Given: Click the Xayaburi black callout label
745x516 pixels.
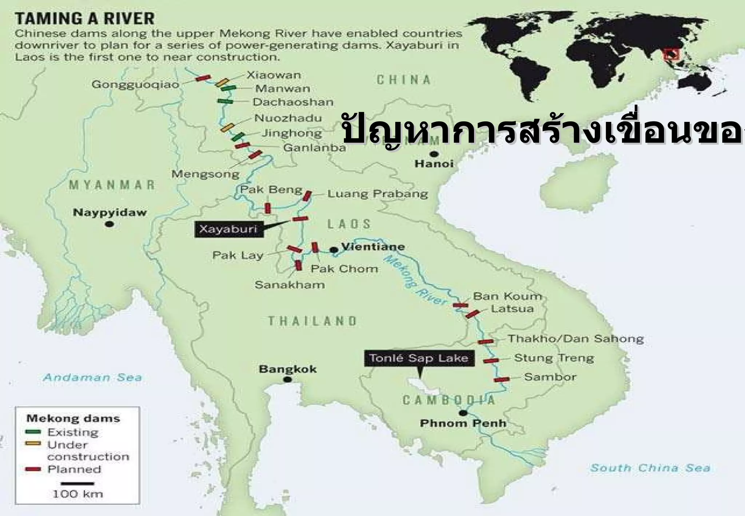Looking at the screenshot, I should coord(228,229).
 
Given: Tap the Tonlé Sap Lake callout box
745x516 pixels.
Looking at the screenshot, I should coord(419,358).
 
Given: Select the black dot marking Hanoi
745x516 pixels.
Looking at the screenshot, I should coord(434,154).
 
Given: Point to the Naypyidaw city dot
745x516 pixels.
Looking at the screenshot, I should coord(109,224).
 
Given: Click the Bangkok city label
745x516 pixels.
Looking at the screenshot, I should coord(287,369).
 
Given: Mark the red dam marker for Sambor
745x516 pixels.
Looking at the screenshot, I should coord(501,380).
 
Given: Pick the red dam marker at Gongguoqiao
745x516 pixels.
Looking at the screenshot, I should coord(203,78).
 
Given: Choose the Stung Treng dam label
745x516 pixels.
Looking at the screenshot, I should coord(554,358).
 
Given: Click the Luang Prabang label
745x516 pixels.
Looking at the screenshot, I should coord(378,194).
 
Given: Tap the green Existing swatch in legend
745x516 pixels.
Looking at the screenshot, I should coord(33,432).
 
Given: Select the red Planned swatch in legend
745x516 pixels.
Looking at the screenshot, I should coord(33,469).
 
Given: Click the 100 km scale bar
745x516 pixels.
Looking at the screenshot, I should coord(77,484).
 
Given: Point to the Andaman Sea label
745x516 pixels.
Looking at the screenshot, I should coord(92,377).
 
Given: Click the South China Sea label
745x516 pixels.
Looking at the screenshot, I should coord(650,468).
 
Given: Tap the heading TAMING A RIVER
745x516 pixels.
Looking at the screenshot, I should coord(85,19).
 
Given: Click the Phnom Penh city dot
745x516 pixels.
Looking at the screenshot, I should coord(463,413).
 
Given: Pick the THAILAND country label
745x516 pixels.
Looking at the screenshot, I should coord(312,321).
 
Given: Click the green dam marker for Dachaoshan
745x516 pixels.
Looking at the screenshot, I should coord(225,101).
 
